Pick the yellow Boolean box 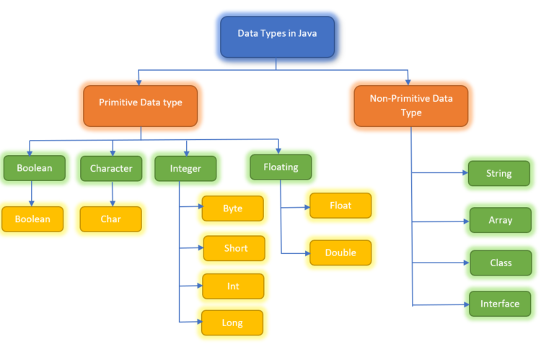pyautogui.click(x=32, y=219)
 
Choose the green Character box pyautogui.click(x=111, y=168)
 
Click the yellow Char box pyautogui.click(x=110, y=219)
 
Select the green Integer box pyautogui.click(x=186, y=168)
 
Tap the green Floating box pyautogui.click(x=281, y=167)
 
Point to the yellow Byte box pyautogui.click(x=232, y=208)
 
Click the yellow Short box pyautogui.click(x=234, y=248)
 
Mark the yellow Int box pyautogui.click(x=233, y=286)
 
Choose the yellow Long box pyautogui.click(x=232, y=322)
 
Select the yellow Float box pyautogui.click(x=340, y=206)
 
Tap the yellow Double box pyautogui.click(x=340, y=253)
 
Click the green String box pyautogui.click(x=498, y=174)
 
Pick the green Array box pyautogui.click(x=500, y=220)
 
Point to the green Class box pyautogui.click(x=500, y=263)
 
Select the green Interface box pyautogui.click(x=499, y=304)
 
